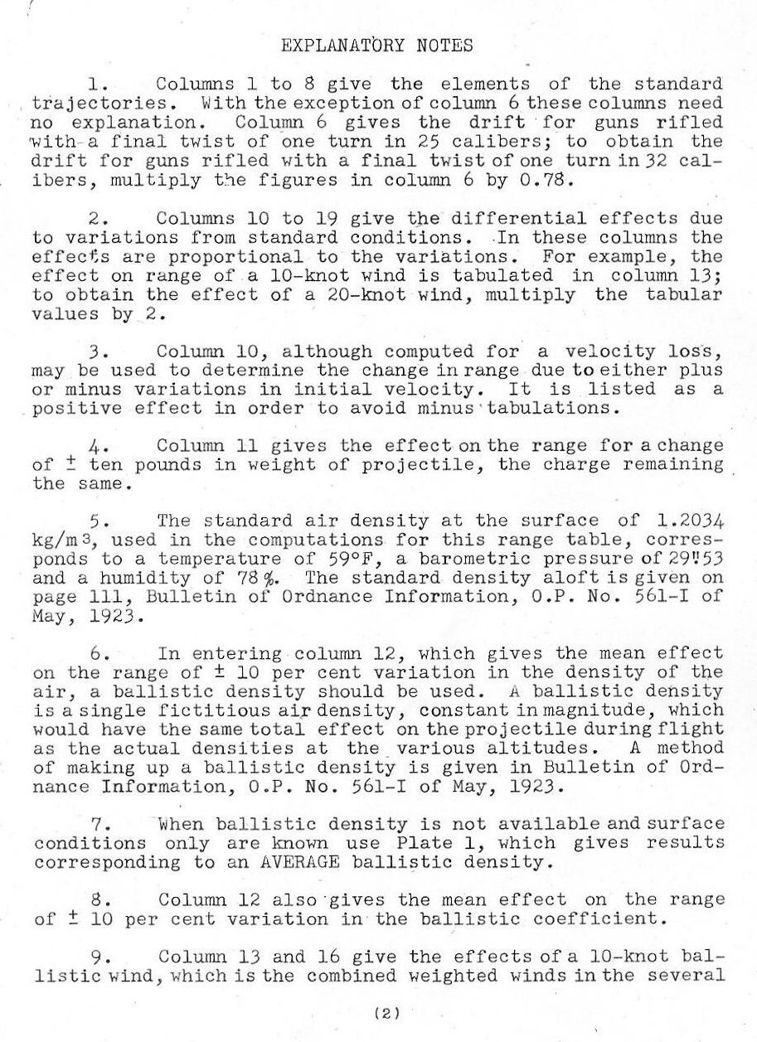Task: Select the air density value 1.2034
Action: [689, 521]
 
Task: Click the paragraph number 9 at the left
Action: [95, 957]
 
